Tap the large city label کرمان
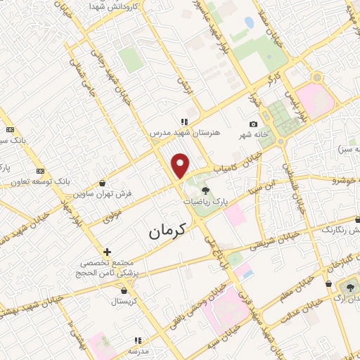tap(168, 231)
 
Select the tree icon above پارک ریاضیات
tap(205, 190)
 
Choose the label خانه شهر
tap(253, 135)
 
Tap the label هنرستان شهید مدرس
tap(185, 132)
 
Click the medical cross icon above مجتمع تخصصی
tap(107, 251)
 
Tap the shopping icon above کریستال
tap(124, 290)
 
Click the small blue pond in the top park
tap(250, 23)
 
